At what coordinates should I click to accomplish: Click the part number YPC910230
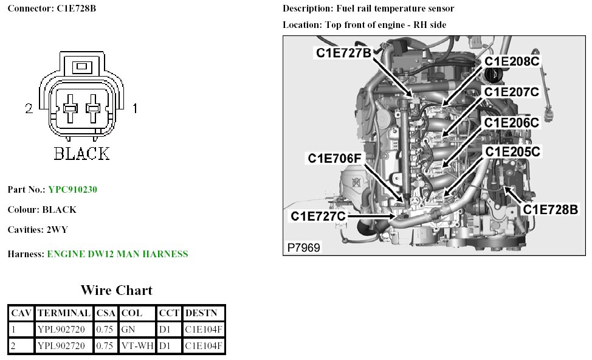(72, 190)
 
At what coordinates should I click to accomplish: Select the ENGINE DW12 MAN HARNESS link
(117, 254)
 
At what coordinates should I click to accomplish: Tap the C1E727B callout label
(343, 53)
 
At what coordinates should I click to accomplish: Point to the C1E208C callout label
(511, 61)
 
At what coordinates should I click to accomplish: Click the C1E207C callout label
(511, 92)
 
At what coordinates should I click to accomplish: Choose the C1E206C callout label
(511, 122)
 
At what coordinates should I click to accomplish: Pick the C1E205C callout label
(511, 150)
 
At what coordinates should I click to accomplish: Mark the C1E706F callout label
(335, 159)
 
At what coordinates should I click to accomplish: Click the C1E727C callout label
(318, 216)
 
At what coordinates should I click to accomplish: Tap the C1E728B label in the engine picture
(551, 209)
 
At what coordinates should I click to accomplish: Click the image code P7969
(303, 247)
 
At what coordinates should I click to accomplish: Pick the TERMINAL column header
(63, 313)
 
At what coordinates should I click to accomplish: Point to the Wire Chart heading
(116, 290)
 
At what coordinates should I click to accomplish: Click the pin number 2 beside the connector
(29, 109)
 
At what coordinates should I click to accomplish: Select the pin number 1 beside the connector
(135, 109)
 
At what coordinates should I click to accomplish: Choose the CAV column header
(21, 313)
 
